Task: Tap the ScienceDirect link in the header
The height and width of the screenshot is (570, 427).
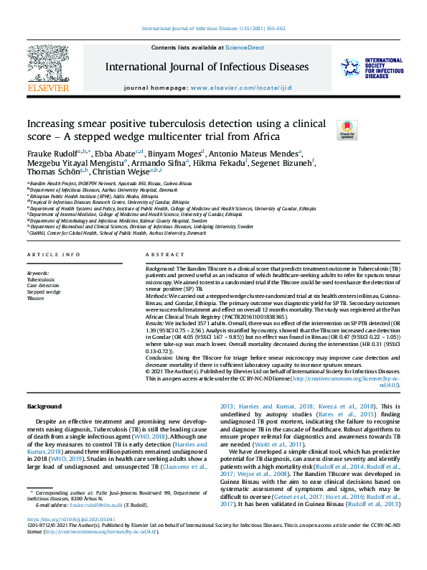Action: [245, 48]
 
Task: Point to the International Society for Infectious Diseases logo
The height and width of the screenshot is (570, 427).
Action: [372, 68]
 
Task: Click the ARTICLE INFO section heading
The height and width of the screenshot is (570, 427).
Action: [53, 256]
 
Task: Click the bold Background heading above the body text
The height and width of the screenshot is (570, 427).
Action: [44, 406]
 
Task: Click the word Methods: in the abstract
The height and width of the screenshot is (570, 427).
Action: [159, 295]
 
